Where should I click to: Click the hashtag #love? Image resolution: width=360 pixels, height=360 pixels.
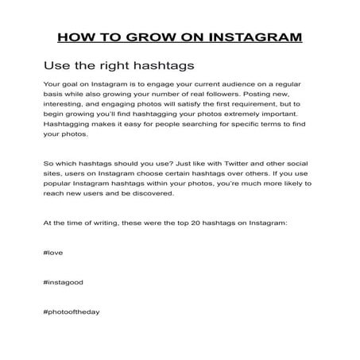click(53, 253)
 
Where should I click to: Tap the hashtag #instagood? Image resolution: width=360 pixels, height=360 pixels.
click(64, 282)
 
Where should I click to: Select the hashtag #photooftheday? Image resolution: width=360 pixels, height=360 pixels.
click(72, 312)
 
